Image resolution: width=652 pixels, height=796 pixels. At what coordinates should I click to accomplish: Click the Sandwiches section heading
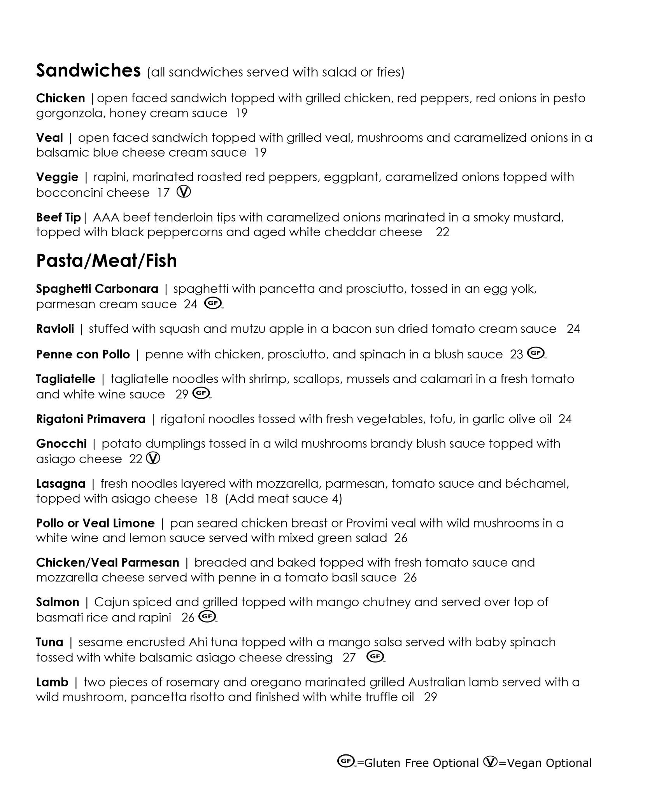pos(88,71)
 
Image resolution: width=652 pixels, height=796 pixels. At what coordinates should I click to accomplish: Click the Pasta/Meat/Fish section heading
pos(106,260)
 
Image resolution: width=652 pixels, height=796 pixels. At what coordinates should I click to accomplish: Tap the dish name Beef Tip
pos(58,217)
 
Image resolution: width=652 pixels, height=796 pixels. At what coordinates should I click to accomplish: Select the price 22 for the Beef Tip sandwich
pos(442,232)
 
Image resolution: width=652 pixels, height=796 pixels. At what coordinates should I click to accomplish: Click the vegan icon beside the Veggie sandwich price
pos(184,192)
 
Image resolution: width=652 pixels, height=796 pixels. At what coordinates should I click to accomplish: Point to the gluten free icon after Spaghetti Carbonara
pos(213,303)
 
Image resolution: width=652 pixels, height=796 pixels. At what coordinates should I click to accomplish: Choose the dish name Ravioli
pos(55,329)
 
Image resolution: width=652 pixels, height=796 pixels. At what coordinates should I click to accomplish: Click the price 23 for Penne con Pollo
pos(516,354)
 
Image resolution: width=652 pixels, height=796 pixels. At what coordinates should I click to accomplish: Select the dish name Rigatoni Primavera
pos(91,419)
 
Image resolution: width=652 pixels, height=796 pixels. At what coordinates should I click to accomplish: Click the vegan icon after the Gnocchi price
pos(153,459)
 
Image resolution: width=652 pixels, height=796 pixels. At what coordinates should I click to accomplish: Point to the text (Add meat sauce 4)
pos(284,499)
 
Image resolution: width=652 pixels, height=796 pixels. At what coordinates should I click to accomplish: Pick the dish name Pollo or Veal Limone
pos(95,523)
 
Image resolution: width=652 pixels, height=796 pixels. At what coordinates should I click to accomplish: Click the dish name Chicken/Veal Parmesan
pos(107,562)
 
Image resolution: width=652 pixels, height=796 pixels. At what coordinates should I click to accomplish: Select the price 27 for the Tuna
pos(349,657)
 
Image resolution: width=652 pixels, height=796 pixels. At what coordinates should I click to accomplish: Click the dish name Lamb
pos(52,682)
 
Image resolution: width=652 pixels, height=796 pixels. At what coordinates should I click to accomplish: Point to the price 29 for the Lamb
pos(430,697)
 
